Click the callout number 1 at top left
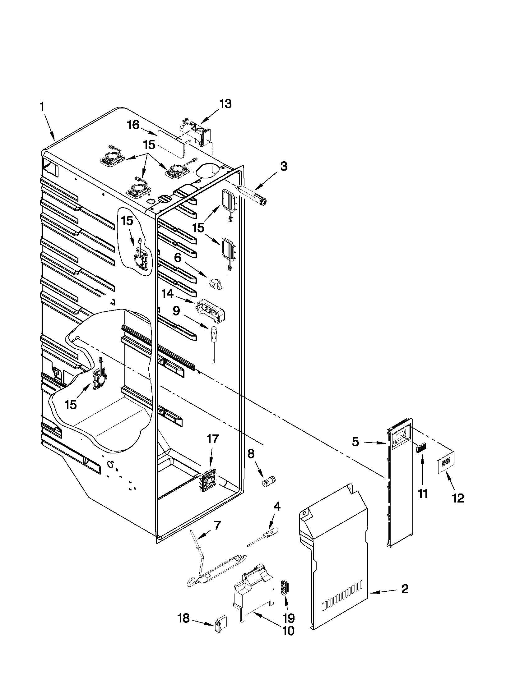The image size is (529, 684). coord(42,107)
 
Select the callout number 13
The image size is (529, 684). coord(225,104)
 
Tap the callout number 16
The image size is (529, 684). coord(133,125)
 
